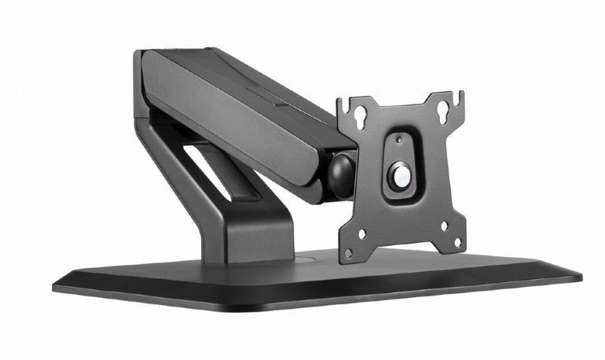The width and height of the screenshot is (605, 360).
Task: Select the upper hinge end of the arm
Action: pyautogui.click(x=146, y=79)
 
